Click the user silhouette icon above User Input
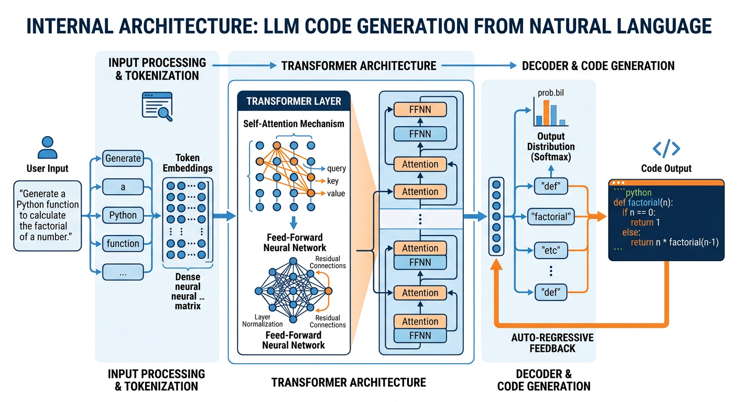click(48, 147)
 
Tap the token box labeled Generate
click(123, 158)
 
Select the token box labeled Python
click(123, 215)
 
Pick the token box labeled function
click(123, 243)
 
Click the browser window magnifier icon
click(157, 106)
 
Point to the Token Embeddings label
click(188, 163)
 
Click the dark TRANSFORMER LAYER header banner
click(294, 101)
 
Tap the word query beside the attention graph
click(336, 169)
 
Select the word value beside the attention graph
click(336, 194)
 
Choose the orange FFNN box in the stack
click(420, 109)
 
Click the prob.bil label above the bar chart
click(550, 93)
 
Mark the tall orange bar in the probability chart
click(546, 113)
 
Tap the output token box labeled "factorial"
click(550, 216)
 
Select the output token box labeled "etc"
click(550, 250)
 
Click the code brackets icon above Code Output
click(666, 149)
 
